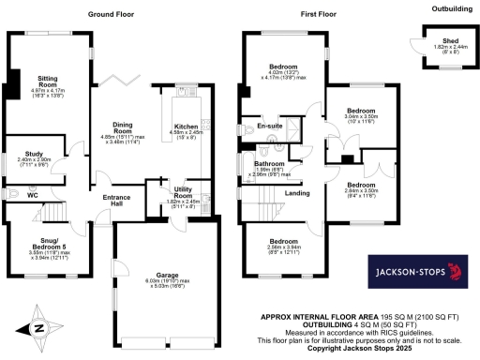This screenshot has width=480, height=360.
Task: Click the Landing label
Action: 299,194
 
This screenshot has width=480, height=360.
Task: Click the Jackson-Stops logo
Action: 413,275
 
